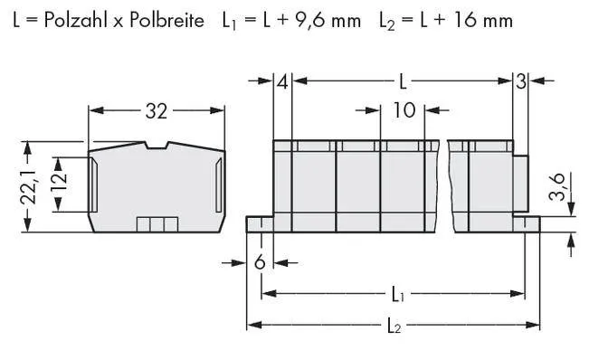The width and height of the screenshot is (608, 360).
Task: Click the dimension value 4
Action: pyautogui.click(x=283, y=82)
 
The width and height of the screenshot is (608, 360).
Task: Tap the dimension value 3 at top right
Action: pyautogui.click(x=520, y=82)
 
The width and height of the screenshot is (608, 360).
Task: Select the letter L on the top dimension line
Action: pyautogui.click(x=403, y=82)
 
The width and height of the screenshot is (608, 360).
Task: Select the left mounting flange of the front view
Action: pyautogui.click(x=260, y=223)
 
